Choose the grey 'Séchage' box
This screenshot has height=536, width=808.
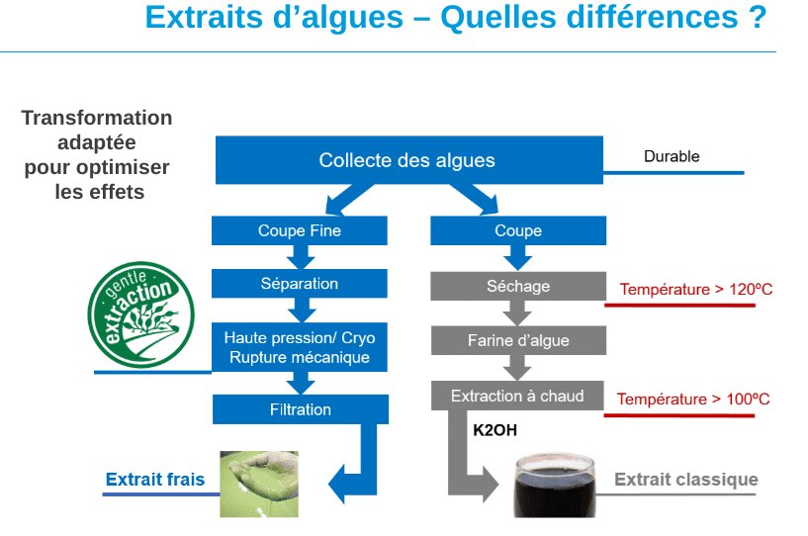click(517, 287)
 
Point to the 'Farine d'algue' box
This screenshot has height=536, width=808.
click(517, 340)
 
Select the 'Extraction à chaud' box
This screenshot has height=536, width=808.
click(517, 396)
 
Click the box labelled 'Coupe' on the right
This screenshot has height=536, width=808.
click(517, 230)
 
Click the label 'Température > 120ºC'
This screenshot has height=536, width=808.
click(695, 290)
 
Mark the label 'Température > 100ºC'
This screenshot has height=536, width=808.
click(693, 400)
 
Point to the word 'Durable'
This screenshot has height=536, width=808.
click(672, 156)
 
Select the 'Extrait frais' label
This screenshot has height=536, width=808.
click(155, 480)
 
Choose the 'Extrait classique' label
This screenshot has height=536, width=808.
click(686, 480)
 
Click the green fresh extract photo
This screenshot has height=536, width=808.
click(258, 484)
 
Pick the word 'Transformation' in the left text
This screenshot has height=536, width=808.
click(97, 118)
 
